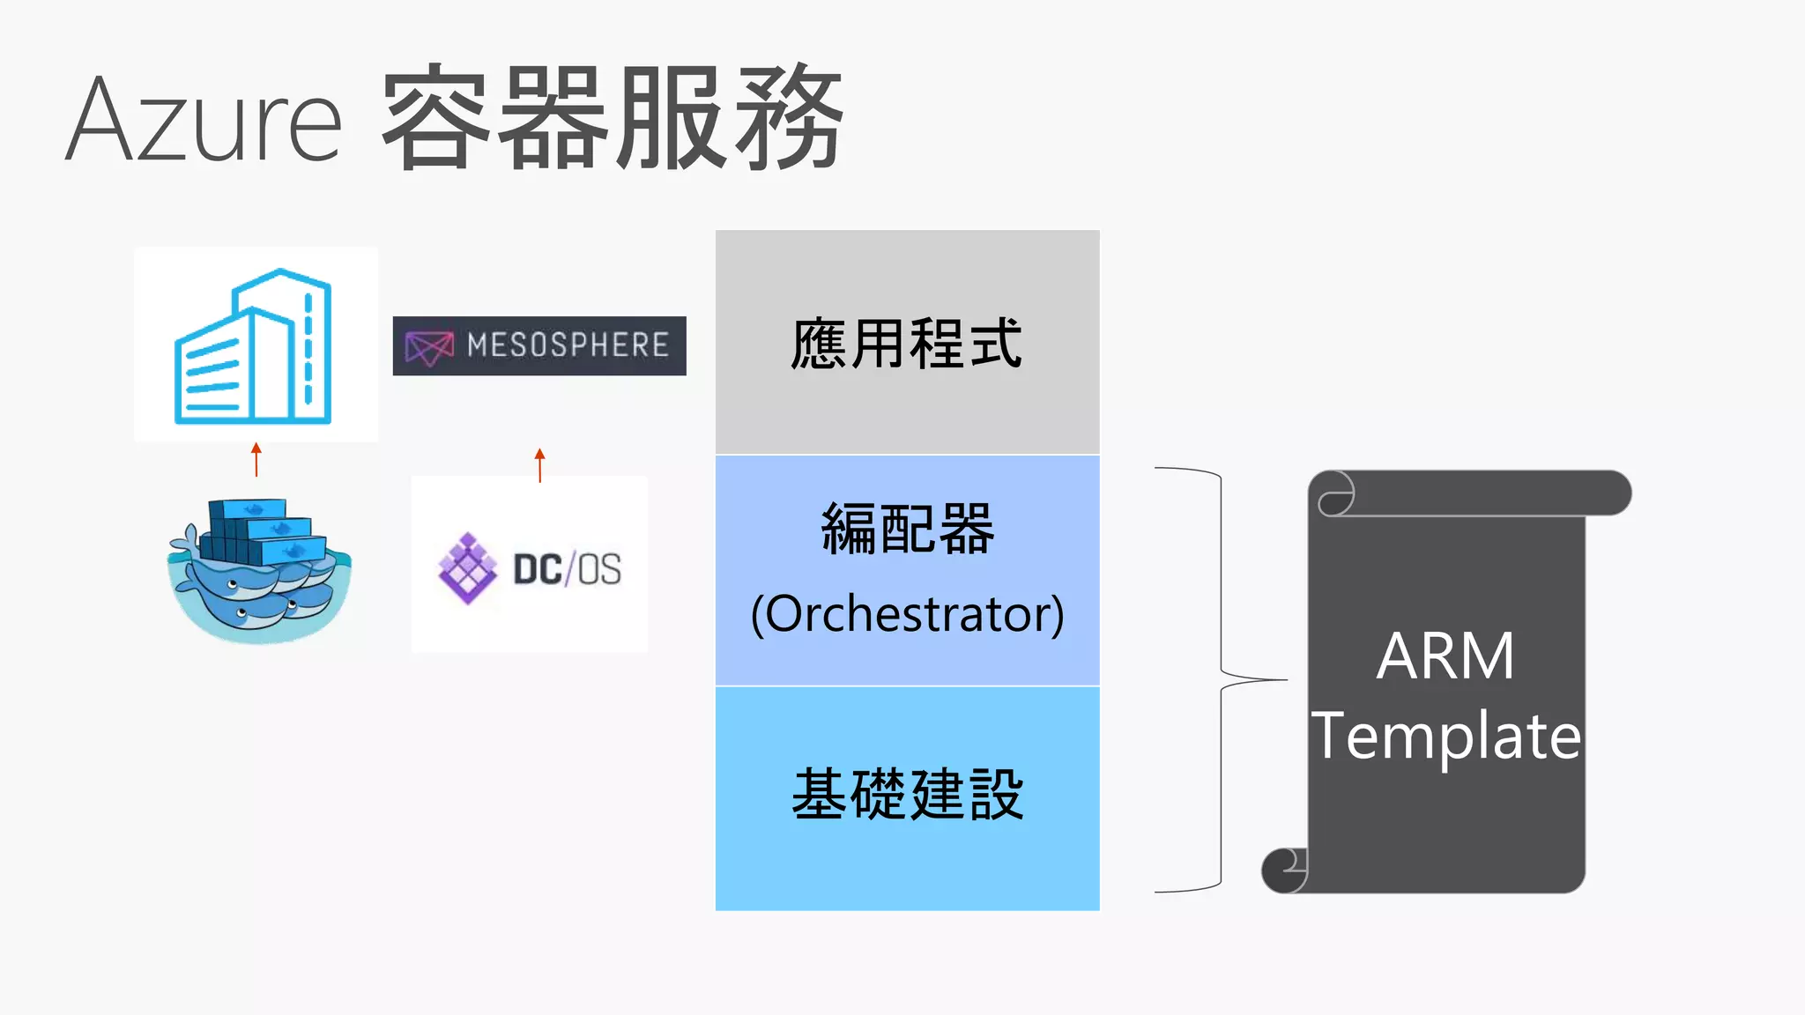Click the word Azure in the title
[x=204, y=120]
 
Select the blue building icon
[x=254, y=346]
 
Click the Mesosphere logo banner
[x=539, y=345]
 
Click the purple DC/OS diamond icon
[x=467, y=568]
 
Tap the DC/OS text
[x=567, y=569]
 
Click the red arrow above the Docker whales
[x=256, y=459]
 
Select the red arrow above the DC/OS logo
[x=539, y=464]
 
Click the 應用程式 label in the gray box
[x=907, y=344]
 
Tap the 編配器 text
[x=907, y=529]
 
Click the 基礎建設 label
[x=907, y=795]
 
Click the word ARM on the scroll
[x=1445, y=656]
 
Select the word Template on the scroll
[x=1445, y=736]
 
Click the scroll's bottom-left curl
[x=1284, y=870]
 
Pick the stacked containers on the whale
[x=257, y=531]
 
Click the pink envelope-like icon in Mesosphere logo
[x=428, y=346]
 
